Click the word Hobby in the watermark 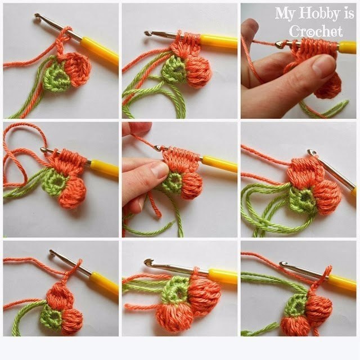[319, 14]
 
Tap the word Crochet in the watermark [316, 31]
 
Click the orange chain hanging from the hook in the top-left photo [60, 46]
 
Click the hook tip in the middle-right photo [311, 152]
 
